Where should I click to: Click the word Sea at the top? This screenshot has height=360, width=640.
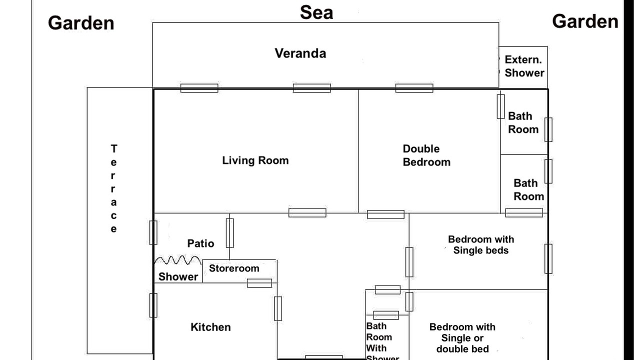[x=316, y=12]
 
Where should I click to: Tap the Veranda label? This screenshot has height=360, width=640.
[x=300, y=53]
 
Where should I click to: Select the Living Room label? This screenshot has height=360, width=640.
[x=255, y=160]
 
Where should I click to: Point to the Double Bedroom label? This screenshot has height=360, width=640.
[x=426, y=155]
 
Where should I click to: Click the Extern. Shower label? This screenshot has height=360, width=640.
[x=524, y=66]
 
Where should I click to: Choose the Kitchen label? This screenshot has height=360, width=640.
[x=210, y=327]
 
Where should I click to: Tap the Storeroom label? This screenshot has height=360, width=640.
[x=234, y=268]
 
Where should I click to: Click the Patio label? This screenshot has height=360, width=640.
[x=200, y=243]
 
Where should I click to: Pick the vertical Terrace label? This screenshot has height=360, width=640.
[x=113, y=188]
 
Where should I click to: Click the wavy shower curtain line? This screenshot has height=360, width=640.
[x=177, y=260]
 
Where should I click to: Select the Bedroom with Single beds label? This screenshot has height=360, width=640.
[x=481, y=245]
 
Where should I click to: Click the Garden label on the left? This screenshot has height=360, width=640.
[x=81, y=23]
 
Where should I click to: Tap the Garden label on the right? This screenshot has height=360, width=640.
[x=585, y=21]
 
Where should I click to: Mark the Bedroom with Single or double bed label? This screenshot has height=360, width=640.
[x=462, y=338]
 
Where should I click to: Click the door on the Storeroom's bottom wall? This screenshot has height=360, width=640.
[x=259, y=283]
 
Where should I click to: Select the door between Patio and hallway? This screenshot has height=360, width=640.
[x=229, y=233]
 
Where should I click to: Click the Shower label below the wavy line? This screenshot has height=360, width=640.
[x=178, y=276]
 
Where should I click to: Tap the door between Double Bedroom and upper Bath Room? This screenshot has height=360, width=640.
[x=500, y=106]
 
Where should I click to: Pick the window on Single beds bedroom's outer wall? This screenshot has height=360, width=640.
[x=548, y=259]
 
